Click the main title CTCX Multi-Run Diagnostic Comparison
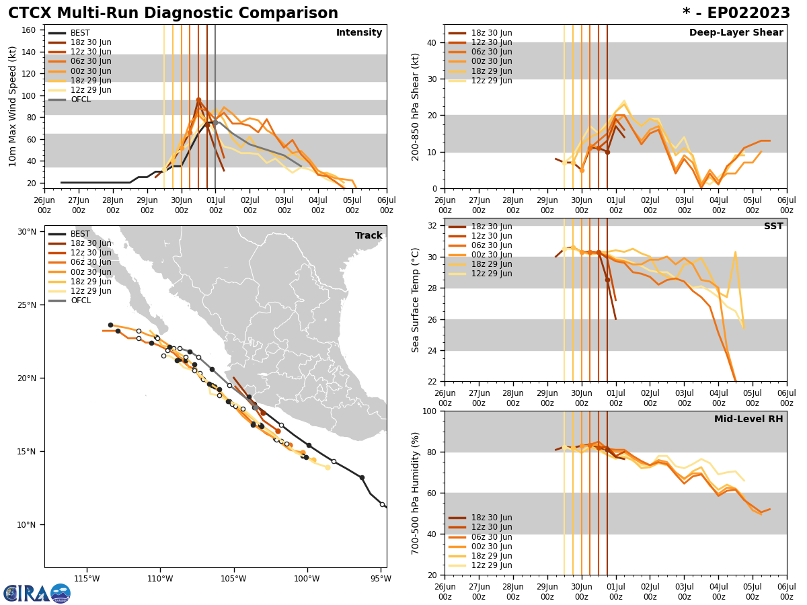[173, 13]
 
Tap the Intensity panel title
[359, 33]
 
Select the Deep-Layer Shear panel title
[736, 33]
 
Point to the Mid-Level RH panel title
[748, 419]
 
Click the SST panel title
[773, 227]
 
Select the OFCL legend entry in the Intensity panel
[80, 99]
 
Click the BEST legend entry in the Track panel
[80, 234]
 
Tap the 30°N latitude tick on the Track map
[26, 232]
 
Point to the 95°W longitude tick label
[381, 579]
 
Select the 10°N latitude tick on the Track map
[26, 525]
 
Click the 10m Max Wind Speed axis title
[13, 106]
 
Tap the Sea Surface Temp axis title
[416, 300]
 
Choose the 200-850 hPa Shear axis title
[416, 106]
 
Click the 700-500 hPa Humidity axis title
[416, 493]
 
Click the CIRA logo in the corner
[37, 593]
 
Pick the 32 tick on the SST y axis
[434, 226]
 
